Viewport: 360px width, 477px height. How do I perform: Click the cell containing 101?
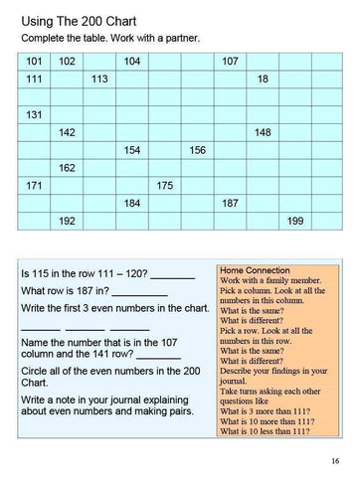(35, 62)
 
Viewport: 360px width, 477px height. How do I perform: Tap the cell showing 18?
(263, 79)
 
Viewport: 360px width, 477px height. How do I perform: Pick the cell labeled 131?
(35, 114)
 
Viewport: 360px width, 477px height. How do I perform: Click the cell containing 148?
(263, 132)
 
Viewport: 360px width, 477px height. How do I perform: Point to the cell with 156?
(197, 150)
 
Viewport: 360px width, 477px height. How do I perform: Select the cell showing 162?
(68, 168)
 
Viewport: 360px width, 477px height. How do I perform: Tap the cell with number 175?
(165, 186)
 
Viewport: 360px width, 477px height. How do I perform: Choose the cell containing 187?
(230, 203)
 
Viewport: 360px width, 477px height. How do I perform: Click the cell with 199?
(295, 221)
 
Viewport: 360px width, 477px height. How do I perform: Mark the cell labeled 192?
(68, 221)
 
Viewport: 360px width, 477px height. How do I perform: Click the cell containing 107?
(230, 62)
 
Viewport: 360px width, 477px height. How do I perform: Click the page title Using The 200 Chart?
(83, 19)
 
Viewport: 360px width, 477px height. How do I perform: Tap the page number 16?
(335, 459)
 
